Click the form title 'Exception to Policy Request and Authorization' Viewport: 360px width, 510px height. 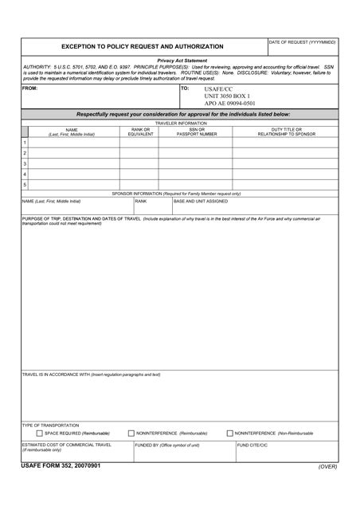(x=143, y=46)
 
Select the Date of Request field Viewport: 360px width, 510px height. (x=303, y=49)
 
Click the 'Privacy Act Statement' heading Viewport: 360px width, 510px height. (x=182, y=61)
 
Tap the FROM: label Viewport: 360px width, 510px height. (x=29, y=88)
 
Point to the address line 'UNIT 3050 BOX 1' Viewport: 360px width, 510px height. (x=227, y=96)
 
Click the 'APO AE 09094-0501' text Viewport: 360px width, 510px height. (x=230, y=104)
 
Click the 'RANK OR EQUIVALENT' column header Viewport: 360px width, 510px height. (x=141, y=131)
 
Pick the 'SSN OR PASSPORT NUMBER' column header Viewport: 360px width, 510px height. (x=196, y=131)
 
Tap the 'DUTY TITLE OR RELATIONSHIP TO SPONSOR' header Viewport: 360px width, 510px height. (x=286, y=131)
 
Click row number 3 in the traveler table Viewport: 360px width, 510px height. (x=25, y=163)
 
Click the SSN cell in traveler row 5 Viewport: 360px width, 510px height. (x=196, y=184)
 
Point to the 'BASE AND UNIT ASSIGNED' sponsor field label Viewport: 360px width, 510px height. (x=201, y=202)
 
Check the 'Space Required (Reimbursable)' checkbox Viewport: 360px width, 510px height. (x=40, y=433)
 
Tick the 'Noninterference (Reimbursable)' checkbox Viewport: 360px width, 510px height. (x=131, y=433)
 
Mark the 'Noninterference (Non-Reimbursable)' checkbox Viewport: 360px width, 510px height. (x=230, y=433)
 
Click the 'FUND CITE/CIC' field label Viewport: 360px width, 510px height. (x=252, y=445)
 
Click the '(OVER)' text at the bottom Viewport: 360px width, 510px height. (x=327, y=466)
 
